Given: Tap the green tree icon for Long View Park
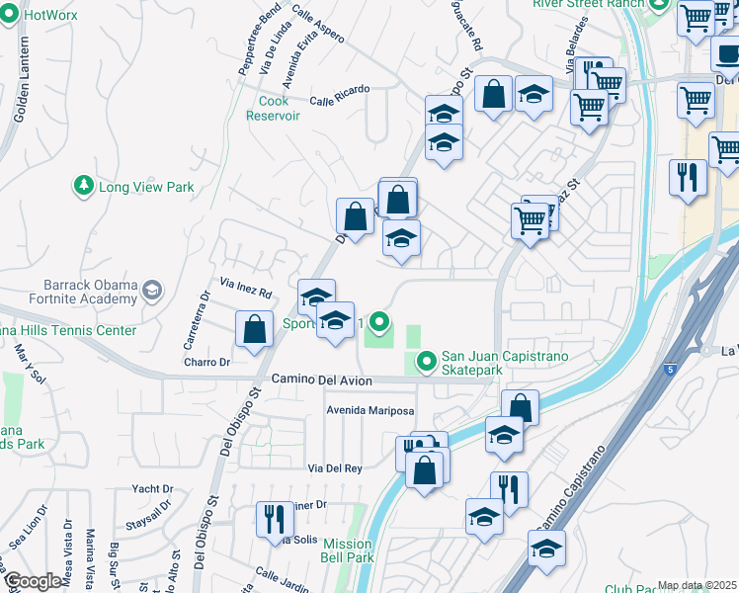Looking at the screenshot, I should [x=84, y=186].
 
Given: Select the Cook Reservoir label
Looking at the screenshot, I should [x=273, y=108].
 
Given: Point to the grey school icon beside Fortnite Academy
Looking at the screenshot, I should [x=152, y=291].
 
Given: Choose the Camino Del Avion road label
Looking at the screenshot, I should [x=322, y=381].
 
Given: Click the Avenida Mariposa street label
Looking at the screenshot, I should [x=370, y=411].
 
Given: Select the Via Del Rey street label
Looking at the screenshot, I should [x=335, y=468].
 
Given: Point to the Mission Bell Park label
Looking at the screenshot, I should [x=347, y=551].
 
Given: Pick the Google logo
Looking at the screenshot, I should [x=33, y=582].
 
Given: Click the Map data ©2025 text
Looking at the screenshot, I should [x=697, y=585].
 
